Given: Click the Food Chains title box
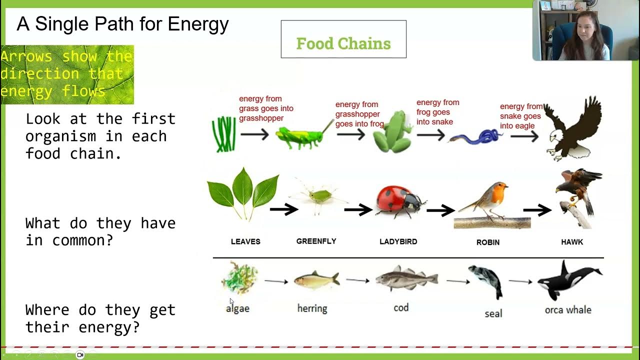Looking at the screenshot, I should (x=343, y=39).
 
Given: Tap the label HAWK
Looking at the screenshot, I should (x=572, y=242).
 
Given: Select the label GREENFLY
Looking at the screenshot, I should (x=316, y=241).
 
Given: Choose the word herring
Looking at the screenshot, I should (x=312, y=308).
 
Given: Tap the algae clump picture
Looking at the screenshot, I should (x=239, y=278).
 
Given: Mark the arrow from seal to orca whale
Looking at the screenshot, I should (x=520, y=282).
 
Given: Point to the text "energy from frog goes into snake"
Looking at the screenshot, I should (x=437, y=112).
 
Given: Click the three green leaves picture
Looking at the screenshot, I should (x=243, y=193).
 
